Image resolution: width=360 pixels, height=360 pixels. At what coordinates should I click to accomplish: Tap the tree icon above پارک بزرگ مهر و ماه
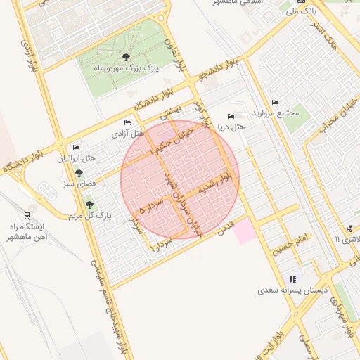click(x=126, y=57)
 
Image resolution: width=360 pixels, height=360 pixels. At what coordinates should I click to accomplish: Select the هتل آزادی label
click(x=127, y=132)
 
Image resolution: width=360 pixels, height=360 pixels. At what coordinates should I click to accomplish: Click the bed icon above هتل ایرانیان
click(x=76, y=148)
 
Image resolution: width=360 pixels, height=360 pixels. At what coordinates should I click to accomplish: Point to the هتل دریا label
click(x=231, y=127)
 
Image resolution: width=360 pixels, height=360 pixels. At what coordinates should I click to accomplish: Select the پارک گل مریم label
click(x=89, y=216)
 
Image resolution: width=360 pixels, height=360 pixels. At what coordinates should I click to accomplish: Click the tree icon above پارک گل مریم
click(x=89, y=205)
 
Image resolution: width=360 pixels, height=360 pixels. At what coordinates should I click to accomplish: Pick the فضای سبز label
click(x=78, y=184)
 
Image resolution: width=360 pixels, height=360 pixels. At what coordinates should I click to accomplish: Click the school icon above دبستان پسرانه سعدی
click(x=292, y=279)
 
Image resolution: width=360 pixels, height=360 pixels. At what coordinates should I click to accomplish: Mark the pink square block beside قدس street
click(x=245, y=231)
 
